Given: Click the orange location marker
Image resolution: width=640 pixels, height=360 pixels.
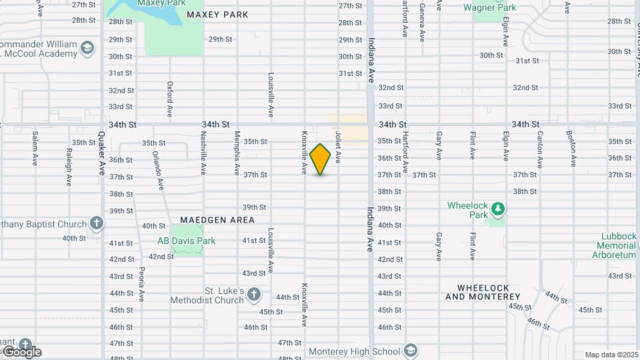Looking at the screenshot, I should tap(321, 159).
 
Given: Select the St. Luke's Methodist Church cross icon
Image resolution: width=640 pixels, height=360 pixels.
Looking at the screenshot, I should tap(253, 293).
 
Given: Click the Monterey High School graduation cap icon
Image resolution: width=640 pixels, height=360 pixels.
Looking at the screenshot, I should tap(411, 351).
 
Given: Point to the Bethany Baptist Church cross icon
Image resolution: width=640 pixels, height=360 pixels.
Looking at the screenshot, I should tap(97, 223).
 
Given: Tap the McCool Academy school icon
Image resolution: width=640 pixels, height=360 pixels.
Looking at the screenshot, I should tap(87, 47).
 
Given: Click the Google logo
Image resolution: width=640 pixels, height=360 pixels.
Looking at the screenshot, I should tap(21, 351).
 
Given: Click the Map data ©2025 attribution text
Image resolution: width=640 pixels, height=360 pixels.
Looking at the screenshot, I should tap(611, 355).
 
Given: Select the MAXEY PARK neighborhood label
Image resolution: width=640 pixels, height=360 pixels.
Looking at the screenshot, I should tap(217, 15).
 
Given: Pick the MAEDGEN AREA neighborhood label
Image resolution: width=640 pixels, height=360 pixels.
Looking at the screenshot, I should tap(217, 219).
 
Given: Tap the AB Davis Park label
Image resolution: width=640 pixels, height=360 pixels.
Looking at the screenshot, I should tap(186, 241).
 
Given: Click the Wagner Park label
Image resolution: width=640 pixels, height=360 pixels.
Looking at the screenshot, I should tap(490, 8).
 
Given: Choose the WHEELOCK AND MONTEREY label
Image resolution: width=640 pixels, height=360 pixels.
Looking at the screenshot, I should tap(483, 292).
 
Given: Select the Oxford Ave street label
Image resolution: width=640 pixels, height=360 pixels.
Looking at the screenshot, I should tap(170, 97).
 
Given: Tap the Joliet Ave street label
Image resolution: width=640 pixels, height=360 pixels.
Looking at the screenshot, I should tap(338, 147).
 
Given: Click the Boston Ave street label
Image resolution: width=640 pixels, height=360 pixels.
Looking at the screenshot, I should tap(572, 149).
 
